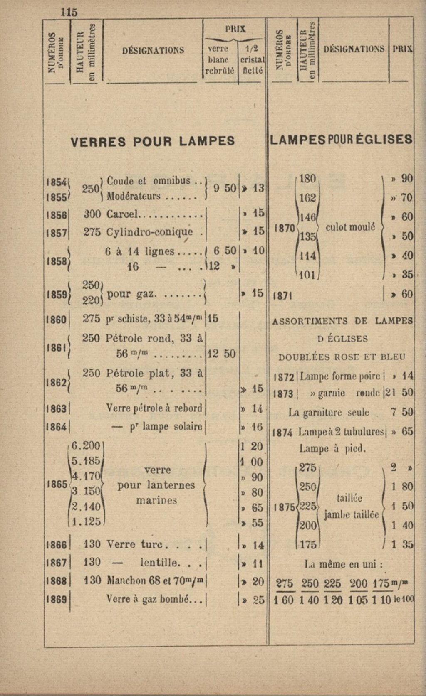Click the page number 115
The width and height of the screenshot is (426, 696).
pos(69,12)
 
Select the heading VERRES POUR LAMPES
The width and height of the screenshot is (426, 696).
pos(153,142)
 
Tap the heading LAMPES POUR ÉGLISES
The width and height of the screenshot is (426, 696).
pos(341,140)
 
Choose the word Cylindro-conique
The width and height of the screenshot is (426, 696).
pos(150,232)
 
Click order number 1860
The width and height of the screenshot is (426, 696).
pos(57,320)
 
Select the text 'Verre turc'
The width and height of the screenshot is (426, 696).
pos(136,544)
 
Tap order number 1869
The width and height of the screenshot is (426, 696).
pos(57,599)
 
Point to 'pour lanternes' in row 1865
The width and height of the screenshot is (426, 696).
pos(156,485)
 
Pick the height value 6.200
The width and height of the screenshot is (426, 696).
pos(86,446)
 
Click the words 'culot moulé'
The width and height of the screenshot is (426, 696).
pos(350,227)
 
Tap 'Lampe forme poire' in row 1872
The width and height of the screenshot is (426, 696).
pos(340,376)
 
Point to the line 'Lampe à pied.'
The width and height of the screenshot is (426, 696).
pos(332,449)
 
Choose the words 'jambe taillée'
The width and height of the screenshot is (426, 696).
pos(352,514)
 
